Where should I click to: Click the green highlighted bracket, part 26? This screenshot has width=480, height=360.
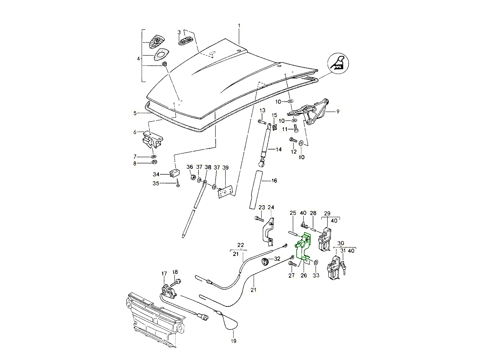(304, 246)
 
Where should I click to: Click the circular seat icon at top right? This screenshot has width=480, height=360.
(338, 63)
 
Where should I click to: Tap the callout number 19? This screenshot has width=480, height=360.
(234, 341)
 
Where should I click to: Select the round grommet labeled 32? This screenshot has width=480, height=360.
(265, 262)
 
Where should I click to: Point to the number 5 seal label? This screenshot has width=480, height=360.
(135, 113)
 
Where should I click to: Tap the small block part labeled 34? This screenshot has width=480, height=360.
(174, 173)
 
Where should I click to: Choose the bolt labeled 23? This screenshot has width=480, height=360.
(258, 219)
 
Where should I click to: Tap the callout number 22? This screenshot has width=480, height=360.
(240, 245)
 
